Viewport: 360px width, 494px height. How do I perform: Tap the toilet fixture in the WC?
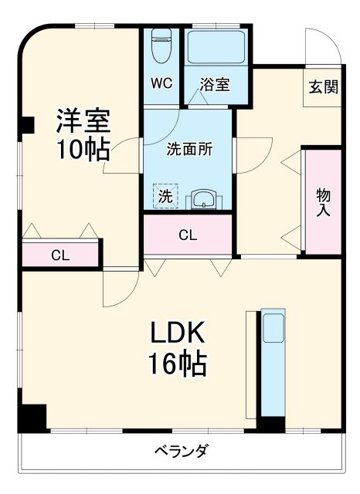[161, 46]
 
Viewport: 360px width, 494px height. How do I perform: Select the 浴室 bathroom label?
[214, 84]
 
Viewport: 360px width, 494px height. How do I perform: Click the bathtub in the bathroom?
[216, 51]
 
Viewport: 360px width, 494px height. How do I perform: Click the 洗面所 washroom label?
[189, 150]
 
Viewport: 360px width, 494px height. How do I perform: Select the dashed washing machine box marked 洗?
[165, 196]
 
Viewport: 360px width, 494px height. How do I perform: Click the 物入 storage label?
[323, 202]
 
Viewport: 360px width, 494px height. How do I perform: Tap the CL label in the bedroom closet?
[60, 255]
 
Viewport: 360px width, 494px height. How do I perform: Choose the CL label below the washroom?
[188, 235]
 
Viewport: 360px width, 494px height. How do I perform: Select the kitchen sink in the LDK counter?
[273, 330]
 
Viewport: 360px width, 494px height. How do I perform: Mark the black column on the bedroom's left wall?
[28, 123]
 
